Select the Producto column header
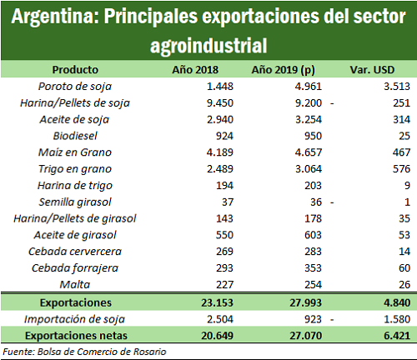click(75, 69)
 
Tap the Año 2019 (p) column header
click(283, 70)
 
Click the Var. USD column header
click(372, 69)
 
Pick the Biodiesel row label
click(75, 136)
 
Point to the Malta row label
click(75, 284)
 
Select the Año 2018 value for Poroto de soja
click(220, 87)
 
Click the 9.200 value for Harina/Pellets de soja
click(309, 103)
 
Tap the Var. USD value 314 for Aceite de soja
click(401, 119)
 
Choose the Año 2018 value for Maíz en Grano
click(220, 152)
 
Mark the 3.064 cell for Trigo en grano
click(309, 169)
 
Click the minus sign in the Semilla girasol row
click(332, 202)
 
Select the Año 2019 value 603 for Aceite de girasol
click(313, 235)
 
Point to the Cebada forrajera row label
click(75, 268)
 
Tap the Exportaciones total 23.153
click(217, 302)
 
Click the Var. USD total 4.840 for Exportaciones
click(397, 302)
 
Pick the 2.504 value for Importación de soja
click(220, 319)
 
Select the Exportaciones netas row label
click(76, 336)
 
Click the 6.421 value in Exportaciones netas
click(397, 336)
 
